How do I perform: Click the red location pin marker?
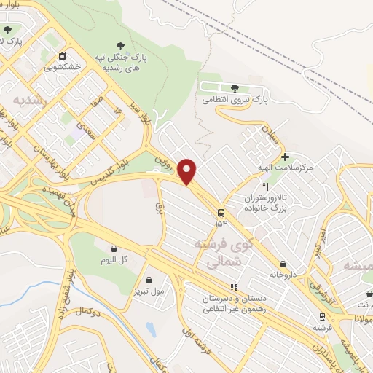(x=188, y=171)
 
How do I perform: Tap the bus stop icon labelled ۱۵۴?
(x=221, y=213)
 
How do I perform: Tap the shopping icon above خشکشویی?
(x=63, y=55)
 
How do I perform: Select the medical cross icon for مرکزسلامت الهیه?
(x=285, y=157)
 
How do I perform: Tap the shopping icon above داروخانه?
(x=283, y=264)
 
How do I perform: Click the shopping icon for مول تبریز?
(x=149, y=279)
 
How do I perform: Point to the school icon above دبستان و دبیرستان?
(x=234, y=287)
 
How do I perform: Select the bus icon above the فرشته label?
(x=321, y=316)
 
